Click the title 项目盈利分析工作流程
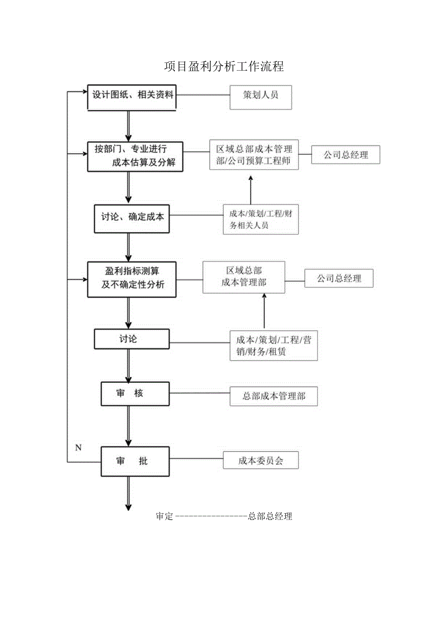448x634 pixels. click(x=224, y=67)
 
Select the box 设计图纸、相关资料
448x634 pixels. click(x=132, y=96)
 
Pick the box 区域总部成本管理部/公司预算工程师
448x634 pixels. click(x=254, y=155)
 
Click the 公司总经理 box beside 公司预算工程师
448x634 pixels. click(x=346, y=155)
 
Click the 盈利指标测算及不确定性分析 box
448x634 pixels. click(x=132, y=279)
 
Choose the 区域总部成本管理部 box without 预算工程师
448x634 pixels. click(x=244, y=277)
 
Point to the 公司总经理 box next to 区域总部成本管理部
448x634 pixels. click(x=339, y=279)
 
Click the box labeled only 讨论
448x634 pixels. click(x=131, y=339)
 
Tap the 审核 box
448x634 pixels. click(x=135, y=394)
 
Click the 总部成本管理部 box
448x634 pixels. click(x=274, y=396)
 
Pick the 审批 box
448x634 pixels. click(x=135, y=461)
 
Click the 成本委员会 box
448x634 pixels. click(x=261, y=461)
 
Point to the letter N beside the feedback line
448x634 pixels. click(x=78, y=447)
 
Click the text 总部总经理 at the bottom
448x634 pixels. click(x=270, y=517)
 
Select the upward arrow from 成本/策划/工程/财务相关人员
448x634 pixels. click(x=251, y=190)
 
